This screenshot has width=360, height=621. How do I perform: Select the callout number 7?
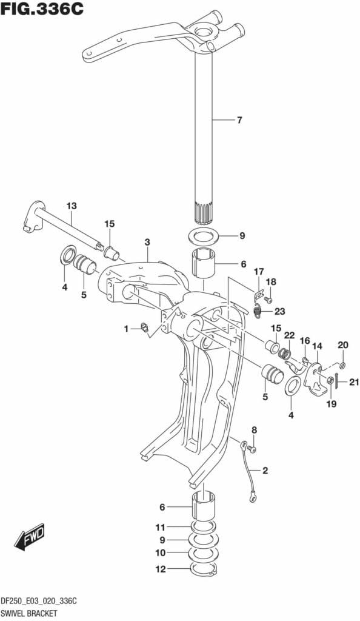[x=239, y=120]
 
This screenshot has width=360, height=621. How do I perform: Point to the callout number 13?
[x=72, y=206]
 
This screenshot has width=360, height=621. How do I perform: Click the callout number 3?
[x=147, y=243]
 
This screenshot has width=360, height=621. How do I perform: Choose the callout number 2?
[x=265, y=470]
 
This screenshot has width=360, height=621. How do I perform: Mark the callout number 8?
[x=255, y=430]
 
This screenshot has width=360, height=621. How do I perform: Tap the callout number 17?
[x=259, y=271]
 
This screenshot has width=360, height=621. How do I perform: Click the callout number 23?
[x=279, y=312]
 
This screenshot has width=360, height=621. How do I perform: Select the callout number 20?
[x=343, y=345]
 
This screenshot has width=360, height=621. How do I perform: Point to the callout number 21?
[x=354, y=381]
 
